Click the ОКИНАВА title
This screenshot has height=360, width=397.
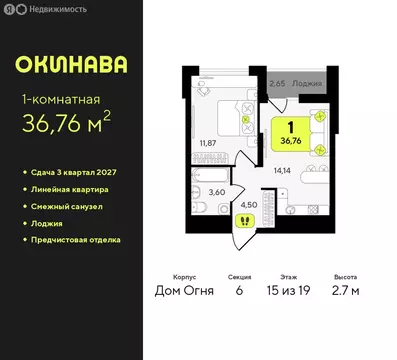tap(71, 66)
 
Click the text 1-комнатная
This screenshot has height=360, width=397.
tap(59, 99)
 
